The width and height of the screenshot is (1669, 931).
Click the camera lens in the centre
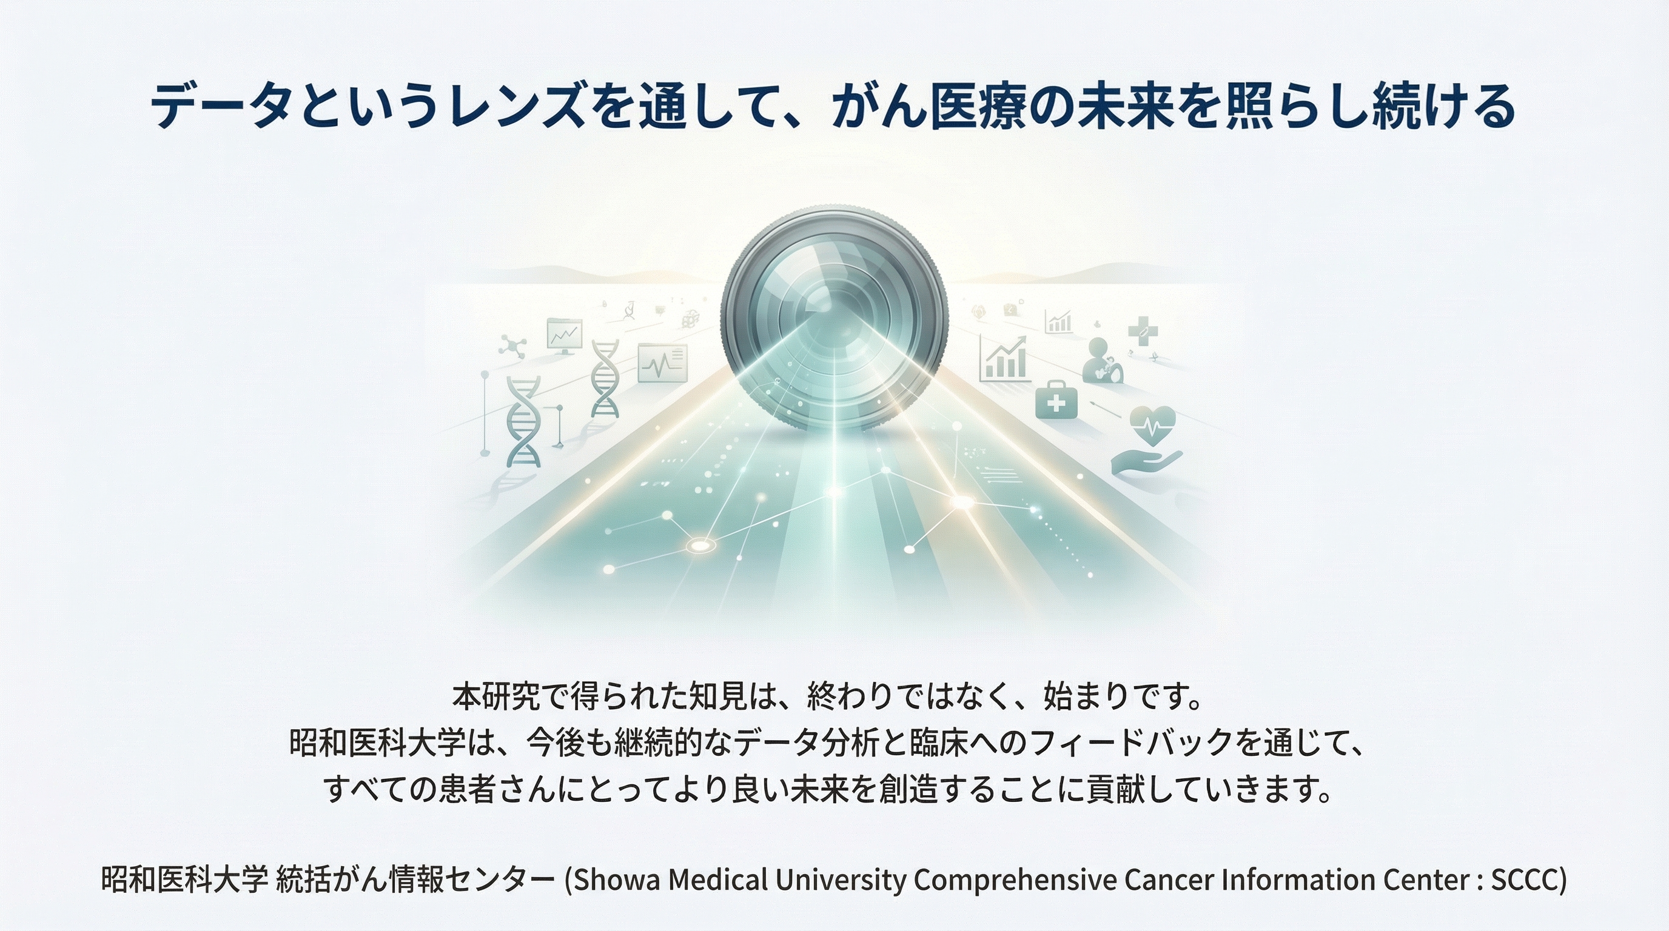click(x=834, y=317)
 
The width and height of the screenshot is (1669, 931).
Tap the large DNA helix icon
click(x=523, y=421)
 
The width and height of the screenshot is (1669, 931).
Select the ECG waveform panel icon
click(x=662, y=363)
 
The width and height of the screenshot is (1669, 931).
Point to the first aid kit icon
click(x=1056, y=400)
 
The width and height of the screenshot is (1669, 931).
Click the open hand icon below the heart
click(x=1146, y=462)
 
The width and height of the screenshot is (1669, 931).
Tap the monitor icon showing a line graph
click(x=565, y=336)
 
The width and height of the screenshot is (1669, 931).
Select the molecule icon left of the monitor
click(x=512, y=344)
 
